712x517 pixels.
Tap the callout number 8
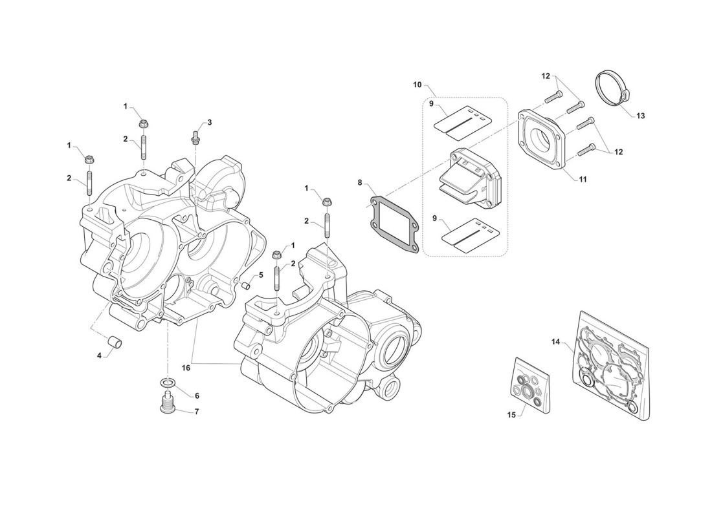pos(360,183)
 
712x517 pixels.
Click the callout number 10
pos(417,85)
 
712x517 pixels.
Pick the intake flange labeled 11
pos(543,138)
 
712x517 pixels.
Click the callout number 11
pos(583,180)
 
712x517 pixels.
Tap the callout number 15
pos(512,415)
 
